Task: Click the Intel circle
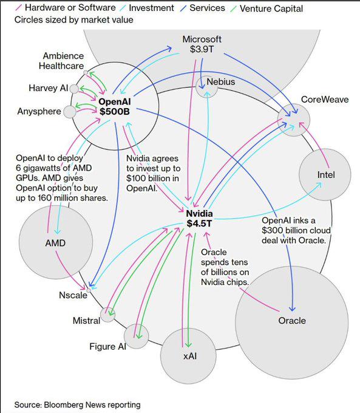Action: click(325, 175)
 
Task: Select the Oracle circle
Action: click(291, 321)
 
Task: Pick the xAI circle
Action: click(188, 355)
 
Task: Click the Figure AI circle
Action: click(137, 336)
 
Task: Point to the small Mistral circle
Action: click(108, 314)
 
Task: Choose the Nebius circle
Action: click(207, 89)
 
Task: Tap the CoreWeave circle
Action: click(294, 121)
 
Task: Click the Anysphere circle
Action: click(70, 111)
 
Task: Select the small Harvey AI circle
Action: click(74, 89)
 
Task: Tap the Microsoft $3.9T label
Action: click(202, 44)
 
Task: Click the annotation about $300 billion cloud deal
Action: click(294, 230)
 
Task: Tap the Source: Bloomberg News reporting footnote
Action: click(78, 404)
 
